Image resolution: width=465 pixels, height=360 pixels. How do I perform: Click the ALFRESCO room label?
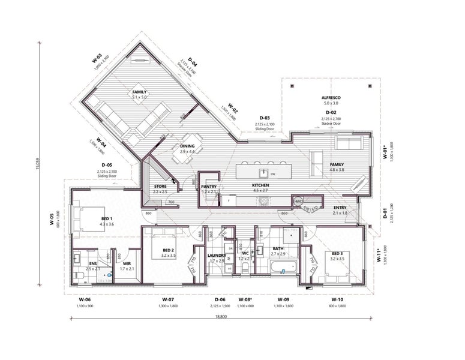[x=331, y=97]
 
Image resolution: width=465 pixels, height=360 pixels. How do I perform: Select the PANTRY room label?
[x=209, y=187]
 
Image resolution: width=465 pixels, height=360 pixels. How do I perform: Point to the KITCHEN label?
[x=260, y=187]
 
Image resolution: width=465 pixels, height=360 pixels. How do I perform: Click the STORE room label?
[x=160, y=187]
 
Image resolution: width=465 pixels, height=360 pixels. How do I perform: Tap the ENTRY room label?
[x=341, y=208]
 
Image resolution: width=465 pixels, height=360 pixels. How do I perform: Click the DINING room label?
[x=187, y=146]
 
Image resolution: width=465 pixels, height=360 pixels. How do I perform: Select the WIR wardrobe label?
[x=127, y=263]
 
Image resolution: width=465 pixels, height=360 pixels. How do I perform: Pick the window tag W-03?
[x=97, y=58]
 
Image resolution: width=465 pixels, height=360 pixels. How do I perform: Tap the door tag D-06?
[x=221, y=299]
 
